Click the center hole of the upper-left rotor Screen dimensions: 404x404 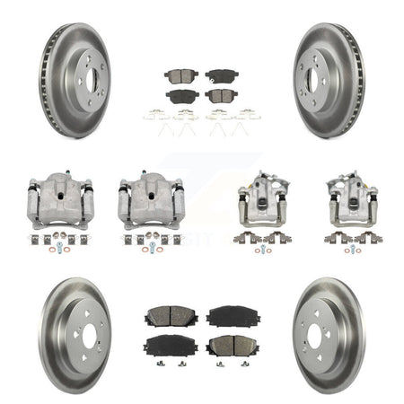coord(83,80)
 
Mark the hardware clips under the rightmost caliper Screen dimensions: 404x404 coord(351,238)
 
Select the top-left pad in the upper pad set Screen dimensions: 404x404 coord(179,77)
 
